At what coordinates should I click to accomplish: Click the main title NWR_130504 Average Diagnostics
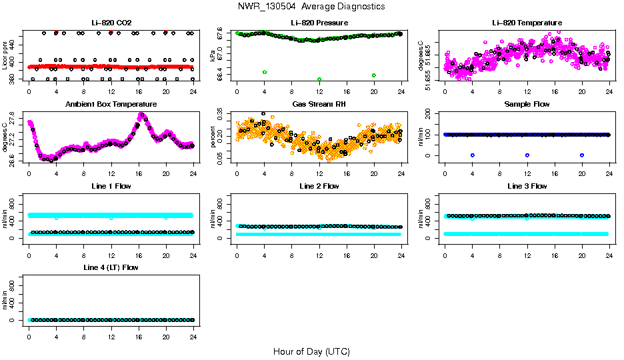(x=311, y=6)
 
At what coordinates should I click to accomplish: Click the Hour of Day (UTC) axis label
(x=311, y=351)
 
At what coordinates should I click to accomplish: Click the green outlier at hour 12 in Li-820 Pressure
(x=319, y=79)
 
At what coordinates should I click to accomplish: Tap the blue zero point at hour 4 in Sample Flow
(x=472, y=155)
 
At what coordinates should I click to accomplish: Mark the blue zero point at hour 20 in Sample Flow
(x=582, y=155)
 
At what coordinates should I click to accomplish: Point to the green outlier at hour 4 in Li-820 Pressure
(x=265, y=72)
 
